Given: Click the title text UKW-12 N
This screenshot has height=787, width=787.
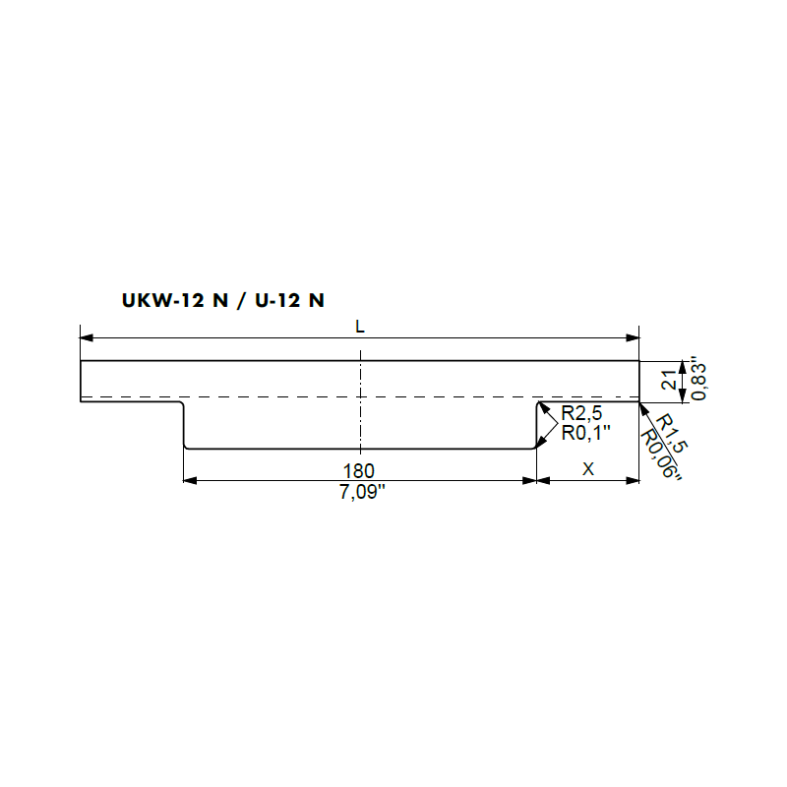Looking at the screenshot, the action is [x=175, y=300].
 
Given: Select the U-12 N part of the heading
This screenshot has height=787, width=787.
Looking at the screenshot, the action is [x=289, y=300].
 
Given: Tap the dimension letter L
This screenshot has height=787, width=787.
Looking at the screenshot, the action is [x=360, y=327].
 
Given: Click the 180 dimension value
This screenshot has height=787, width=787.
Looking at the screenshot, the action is [x=358, y=471].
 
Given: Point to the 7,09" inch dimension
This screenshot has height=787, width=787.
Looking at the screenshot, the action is [x=362, y=492].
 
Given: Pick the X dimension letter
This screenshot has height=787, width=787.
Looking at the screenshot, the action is [x=587, y=469].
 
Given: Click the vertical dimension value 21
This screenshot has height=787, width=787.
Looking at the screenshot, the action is [x=669, y=381].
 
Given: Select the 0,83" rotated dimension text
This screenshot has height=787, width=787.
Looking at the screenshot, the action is [x=698, y=379].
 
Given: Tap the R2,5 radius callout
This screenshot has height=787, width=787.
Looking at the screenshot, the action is [x=581, y=413].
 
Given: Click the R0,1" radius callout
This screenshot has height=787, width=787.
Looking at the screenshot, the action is [x=585, y=433].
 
